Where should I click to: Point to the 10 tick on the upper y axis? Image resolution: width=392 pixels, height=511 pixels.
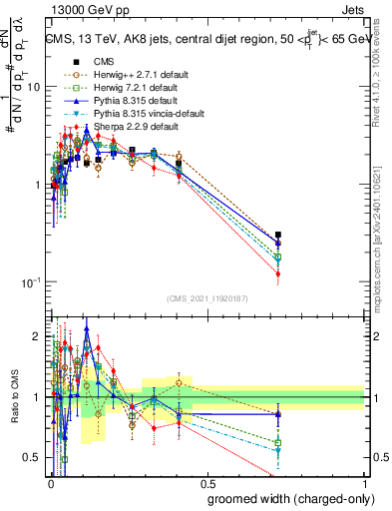[33, 87]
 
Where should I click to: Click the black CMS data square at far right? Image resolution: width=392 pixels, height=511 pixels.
[278, 235]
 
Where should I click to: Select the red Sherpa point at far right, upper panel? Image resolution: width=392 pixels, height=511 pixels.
[278, 273]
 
